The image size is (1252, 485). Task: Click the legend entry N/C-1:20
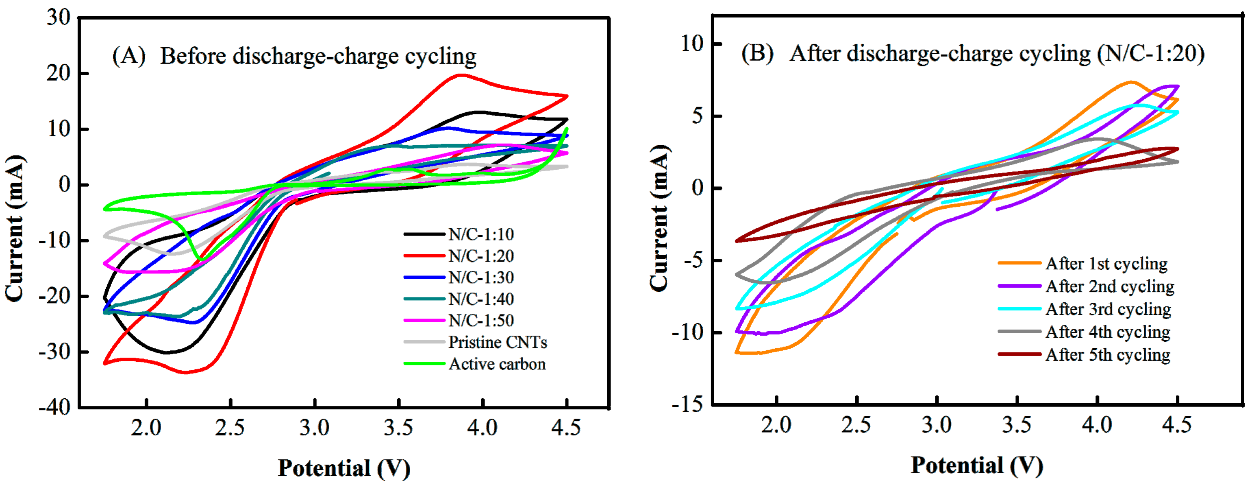480,256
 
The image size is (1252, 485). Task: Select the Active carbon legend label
497,364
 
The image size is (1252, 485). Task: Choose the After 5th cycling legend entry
1108,355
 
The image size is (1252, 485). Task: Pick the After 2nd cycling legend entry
1110,286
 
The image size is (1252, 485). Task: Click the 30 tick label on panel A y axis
58,18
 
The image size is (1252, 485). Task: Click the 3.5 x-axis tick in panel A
398,428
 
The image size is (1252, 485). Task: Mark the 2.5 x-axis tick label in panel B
856,425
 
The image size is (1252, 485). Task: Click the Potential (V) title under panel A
343,468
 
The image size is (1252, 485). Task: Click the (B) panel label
757,53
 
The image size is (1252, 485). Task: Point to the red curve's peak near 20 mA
460,75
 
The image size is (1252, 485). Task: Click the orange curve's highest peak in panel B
1131,82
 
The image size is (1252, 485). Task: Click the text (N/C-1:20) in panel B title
1150,54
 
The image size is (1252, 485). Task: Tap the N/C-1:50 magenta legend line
424,321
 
